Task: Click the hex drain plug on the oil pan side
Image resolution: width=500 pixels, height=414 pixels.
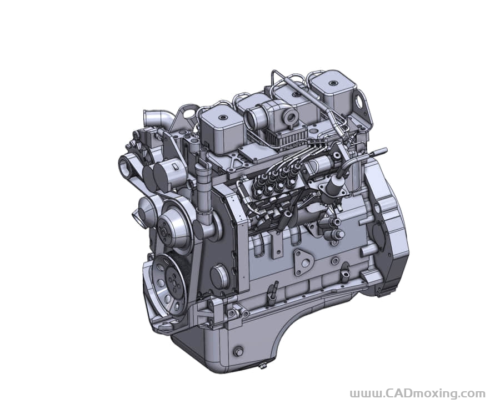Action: pos(237,352)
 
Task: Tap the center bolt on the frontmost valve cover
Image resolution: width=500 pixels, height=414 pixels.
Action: pos(221,118)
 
